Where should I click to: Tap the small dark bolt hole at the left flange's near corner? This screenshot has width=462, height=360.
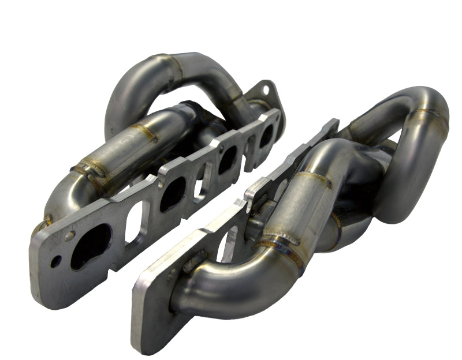pyautogui.click(x=55, y=261)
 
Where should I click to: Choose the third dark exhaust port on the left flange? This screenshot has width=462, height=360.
pyautogui.click(x=227, y=159)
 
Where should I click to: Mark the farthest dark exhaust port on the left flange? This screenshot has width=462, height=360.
pyautogui.click(x=266, y=136)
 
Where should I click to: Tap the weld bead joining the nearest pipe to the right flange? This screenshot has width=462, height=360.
pyautogui.click(x=191, y=271)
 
